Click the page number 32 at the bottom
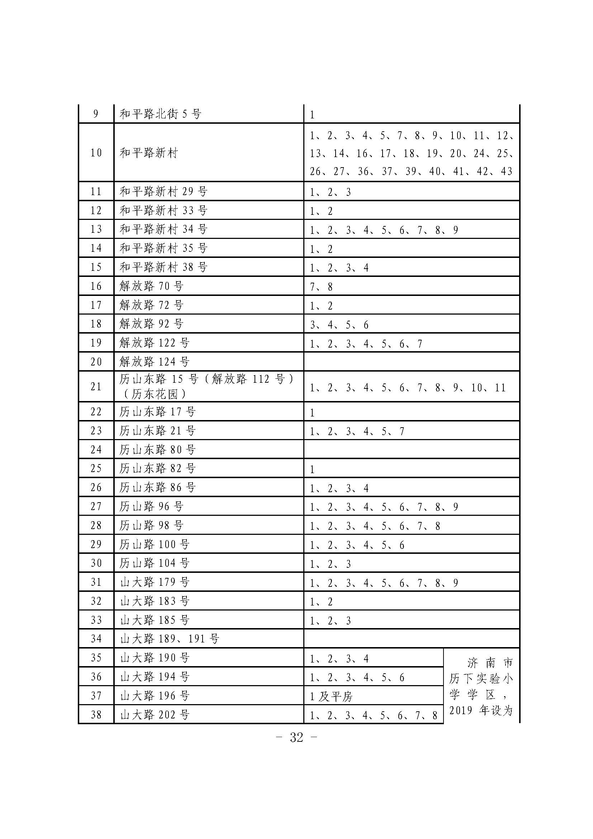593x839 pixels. pyautogui.click(x=296, y=737)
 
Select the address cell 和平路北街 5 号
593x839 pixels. pyautogui.click(x=160, y=114)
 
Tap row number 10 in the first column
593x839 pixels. pyautogui.click(x=96, y=152)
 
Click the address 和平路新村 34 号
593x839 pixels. pyautogui.click(x=163, y=229)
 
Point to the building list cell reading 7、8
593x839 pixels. pyautogui.click(x=321, y=287)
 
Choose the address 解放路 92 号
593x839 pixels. pyautogui.click(x=151, y=324)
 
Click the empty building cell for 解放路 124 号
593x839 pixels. pyautogui.click(x=411, y=362)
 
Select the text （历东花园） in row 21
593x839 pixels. pyautogui.click(x=154, y=394)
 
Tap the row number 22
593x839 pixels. pyautogui.click(x=96, y=411)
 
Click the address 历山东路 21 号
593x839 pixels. pyautogui.click(x=157, y=430)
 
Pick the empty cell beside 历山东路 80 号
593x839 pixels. pyautogui.click(x=411, y=449)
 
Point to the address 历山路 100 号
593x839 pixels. pyautogui.click(x=154, y=545)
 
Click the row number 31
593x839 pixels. pyautogui.click(x=96, y=582)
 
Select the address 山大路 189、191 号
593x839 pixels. pyautogui.click(x=170, y=639)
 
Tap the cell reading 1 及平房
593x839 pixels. pyautogui.click(x=331, y=697)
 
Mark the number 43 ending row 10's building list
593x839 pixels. pyautogui.click(x=507, y=171)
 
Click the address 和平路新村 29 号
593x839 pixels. pyautogui.click(x=163, y=191)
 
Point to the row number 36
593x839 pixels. pyautogui.click(x=96, y=677)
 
